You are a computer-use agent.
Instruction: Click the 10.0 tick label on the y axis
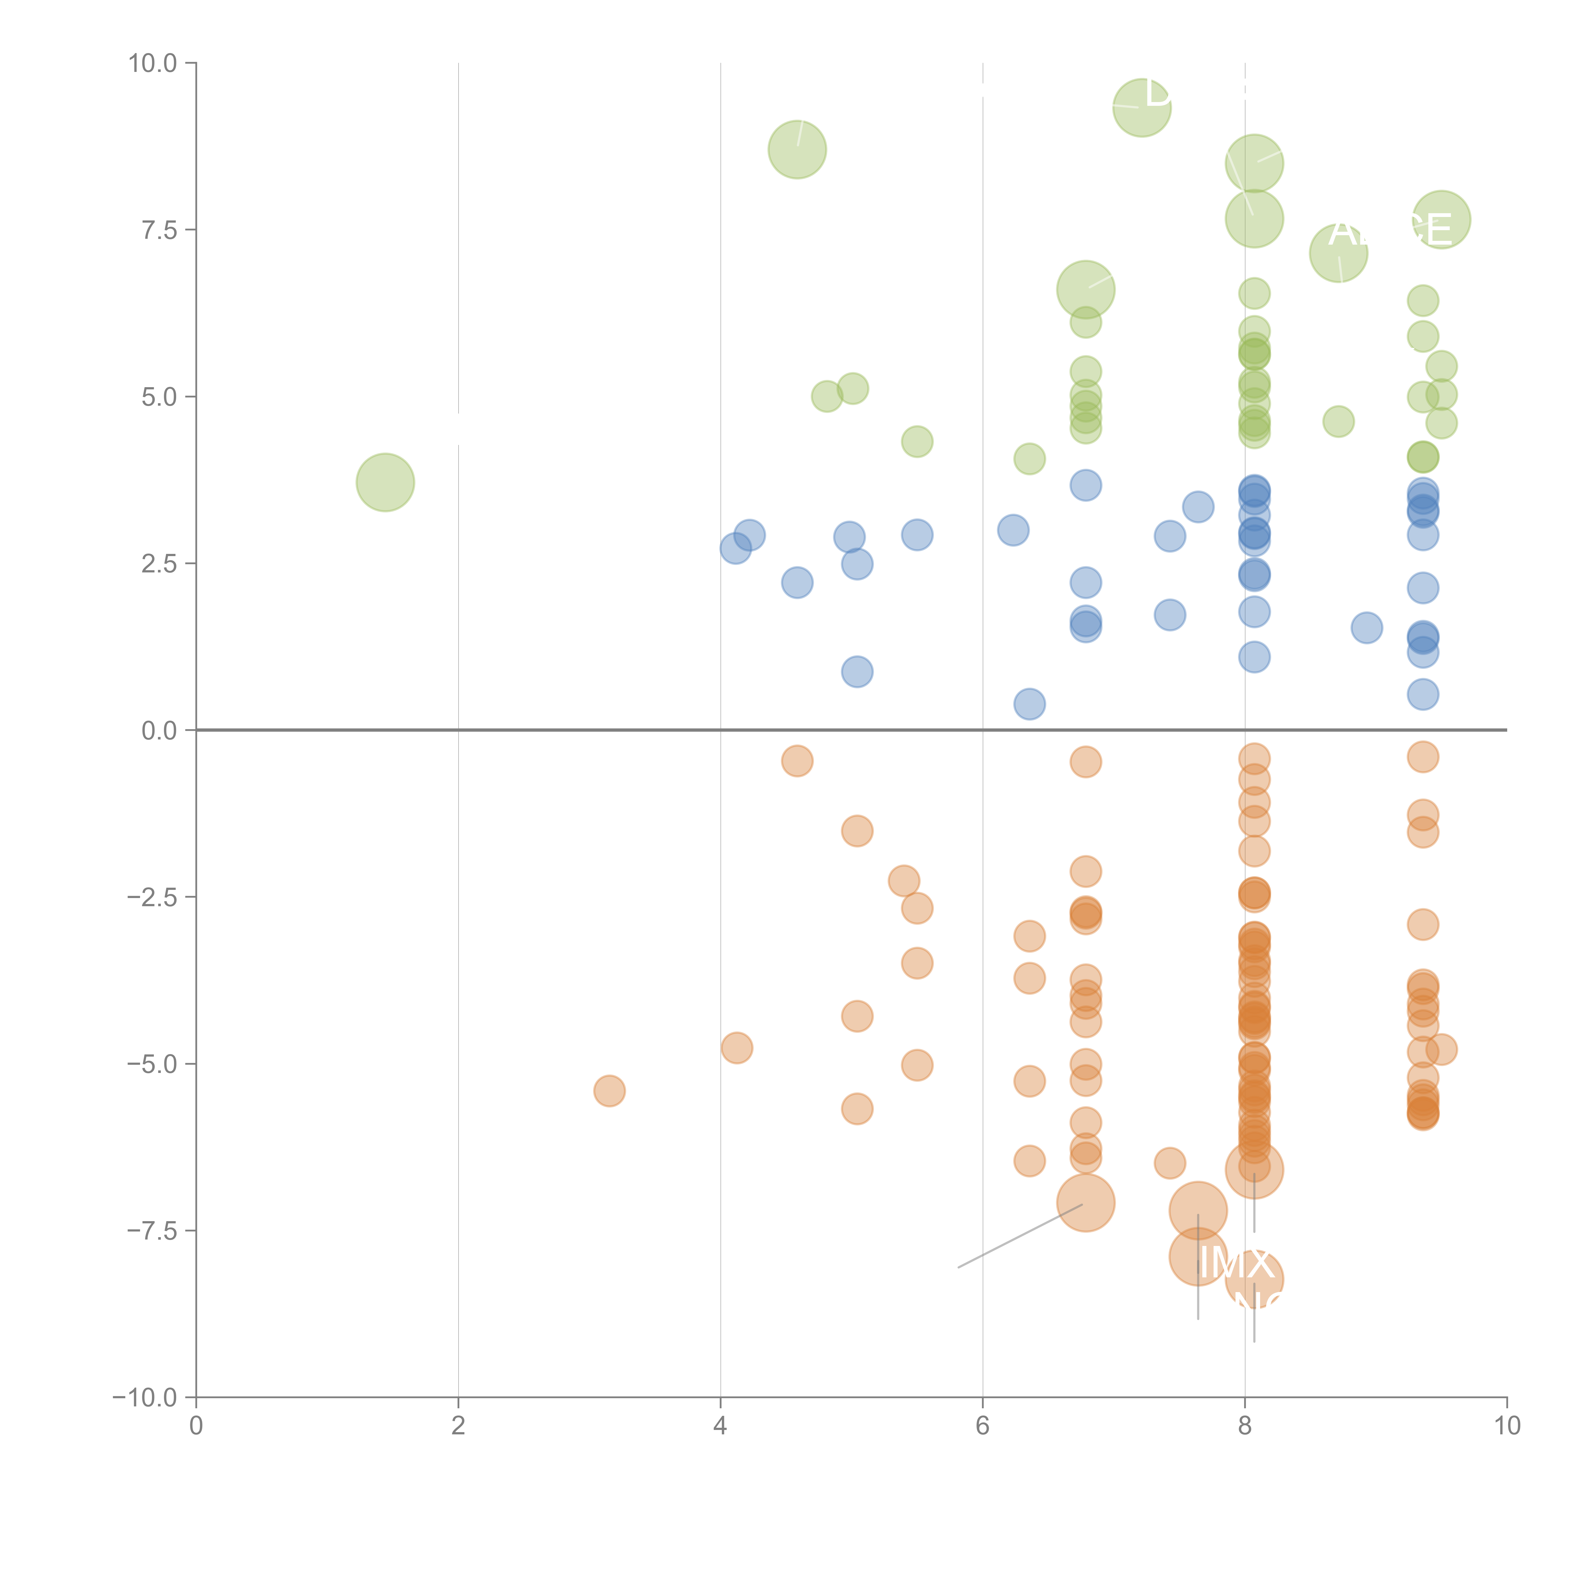(153, 63)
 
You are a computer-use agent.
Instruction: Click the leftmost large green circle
(385, 483)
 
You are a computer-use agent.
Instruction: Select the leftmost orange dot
(609, 1091)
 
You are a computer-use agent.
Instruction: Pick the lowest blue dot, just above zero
(1030, 704)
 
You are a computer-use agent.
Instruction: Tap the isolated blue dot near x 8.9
(1367, 627)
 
